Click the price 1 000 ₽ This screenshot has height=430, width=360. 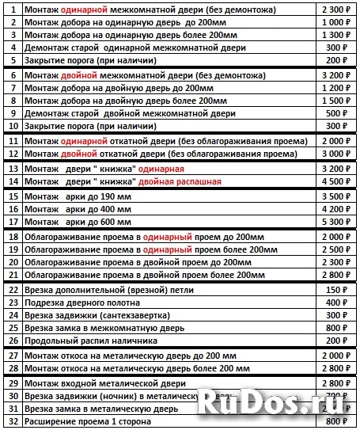[x=336, y=24]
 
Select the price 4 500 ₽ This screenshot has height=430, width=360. [x=336, y=181]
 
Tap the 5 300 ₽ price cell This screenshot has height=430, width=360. [x=336, y=222]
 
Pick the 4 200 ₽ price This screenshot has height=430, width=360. [x=336, y=209]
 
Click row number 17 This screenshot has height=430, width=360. [x=13, y=222]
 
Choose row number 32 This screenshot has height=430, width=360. [x=13, y=422]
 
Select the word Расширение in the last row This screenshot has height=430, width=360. [x=53, y=422]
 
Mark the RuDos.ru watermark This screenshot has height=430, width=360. [x=273, y=401]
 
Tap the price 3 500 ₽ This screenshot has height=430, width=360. [x=336, y=196]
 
